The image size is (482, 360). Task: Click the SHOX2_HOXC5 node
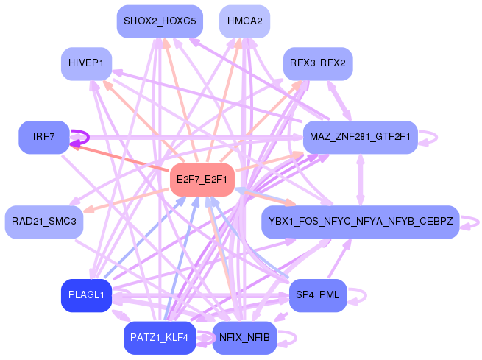tap(160, 21)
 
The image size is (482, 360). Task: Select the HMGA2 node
tap(244, 21)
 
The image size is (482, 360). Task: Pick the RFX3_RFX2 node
tap(318, 63)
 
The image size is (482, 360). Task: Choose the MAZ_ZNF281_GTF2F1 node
tap(360, 137)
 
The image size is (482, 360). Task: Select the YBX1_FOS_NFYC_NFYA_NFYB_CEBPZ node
tap(360, 222)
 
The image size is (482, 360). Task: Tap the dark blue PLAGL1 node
tap(86, 295)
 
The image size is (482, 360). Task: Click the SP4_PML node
tap(317, 295)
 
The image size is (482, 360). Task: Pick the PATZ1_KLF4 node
tap(160, 338)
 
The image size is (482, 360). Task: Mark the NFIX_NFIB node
tap(244, 338)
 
